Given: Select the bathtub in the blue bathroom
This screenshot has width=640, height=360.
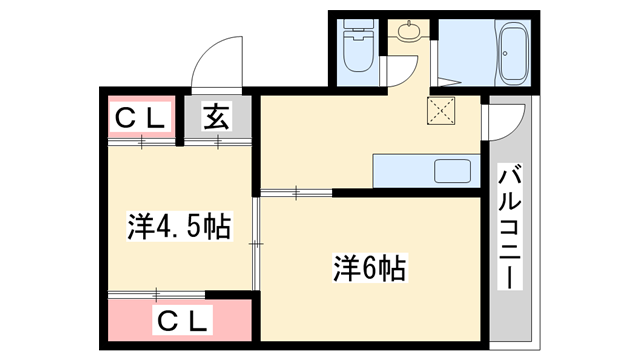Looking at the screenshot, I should click(x=514, y=54).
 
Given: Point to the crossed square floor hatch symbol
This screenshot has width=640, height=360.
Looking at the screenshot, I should click(x=440, y=110).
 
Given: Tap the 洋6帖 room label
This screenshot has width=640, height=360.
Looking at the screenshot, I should click(x=369, y=268).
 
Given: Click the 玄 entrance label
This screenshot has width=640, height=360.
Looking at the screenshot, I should click(x=217, y=117).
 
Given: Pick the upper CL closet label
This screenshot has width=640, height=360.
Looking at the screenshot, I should click(x=139, y=117).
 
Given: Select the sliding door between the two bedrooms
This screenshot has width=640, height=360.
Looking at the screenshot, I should click(x=255, y=240).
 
